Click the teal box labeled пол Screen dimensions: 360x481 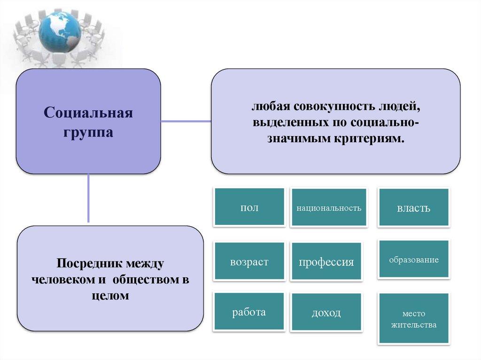[249, 207]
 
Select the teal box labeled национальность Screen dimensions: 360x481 [329, 207]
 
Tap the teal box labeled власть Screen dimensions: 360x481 [414, 207]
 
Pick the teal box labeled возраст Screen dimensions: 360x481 [249, 261]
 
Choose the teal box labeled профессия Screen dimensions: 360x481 [326, 261]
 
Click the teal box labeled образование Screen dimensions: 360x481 [414, 260]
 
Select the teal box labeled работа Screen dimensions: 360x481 [249, 312]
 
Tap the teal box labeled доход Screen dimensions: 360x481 [326, 313]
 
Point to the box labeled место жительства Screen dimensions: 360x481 [414, 318]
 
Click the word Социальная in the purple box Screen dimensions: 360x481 [88, 113]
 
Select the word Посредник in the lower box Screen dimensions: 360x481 [84, 264]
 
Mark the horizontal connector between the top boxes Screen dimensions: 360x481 [186, 121]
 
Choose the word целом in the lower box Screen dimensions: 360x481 [110, 296]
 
